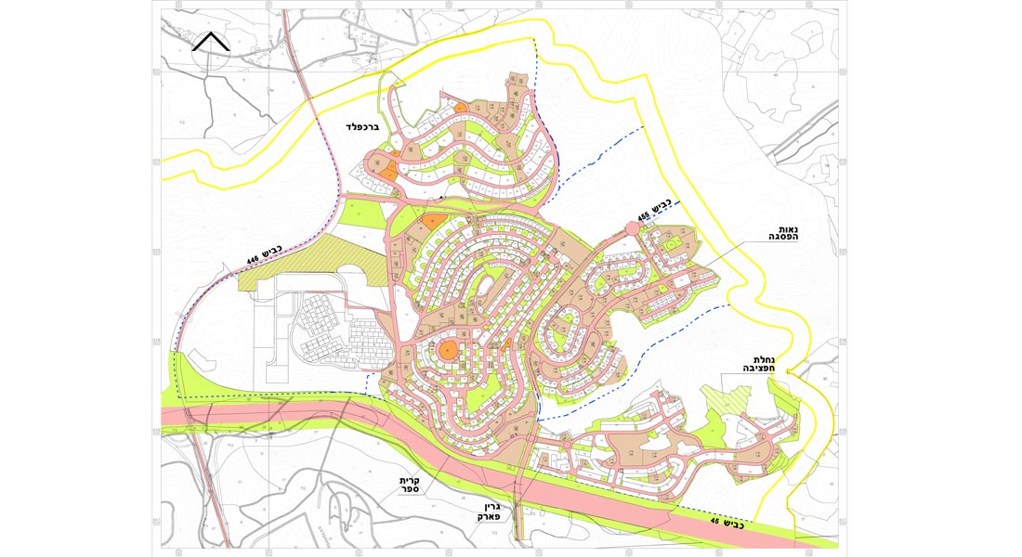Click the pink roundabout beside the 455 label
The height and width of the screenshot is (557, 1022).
(x=632, y=228)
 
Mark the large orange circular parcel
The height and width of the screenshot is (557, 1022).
(x=448, y=350)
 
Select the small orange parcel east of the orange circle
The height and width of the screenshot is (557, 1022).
(x=509, y=345)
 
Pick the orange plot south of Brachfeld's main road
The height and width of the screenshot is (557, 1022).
(x=433, y=221)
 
